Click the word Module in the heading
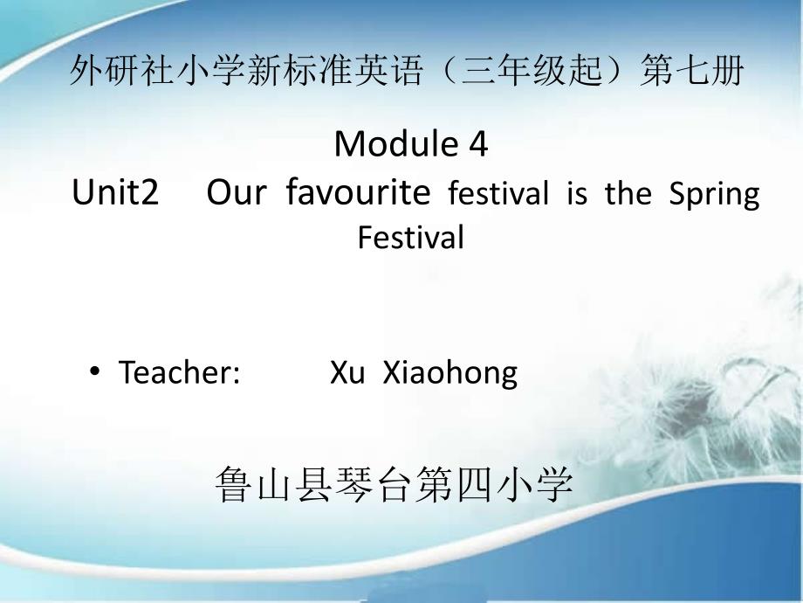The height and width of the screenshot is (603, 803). [396, 144]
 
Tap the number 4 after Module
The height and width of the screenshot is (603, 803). [479, 144]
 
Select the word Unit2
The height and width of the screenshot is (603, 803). [115, 192]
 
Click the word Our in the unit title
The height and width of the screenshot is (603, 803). [237, 192]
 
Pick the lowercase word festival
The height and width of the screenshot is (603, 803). [498, 193]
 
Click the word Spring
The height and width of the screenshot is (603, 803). [715, 195]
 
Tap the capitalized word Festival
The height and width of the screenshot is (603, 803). [411, 237]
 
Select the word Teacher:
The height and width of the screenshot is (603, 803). [179, 371]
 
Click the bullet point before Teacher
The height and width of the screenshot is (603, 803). [95, 371]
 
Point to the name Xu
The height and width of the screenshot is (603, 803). [347, 371]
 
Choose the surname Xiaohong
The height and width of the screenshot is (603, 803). [450, 373]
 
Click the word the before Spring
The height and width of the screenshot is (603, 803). [628, 193]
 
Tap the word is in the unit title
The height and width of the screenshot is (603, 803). [577, 193]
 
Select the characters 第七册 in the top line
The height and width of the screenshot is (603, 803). [692, 70]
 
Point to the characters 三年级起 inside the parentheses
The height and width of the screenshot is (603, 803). [532, 70]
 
